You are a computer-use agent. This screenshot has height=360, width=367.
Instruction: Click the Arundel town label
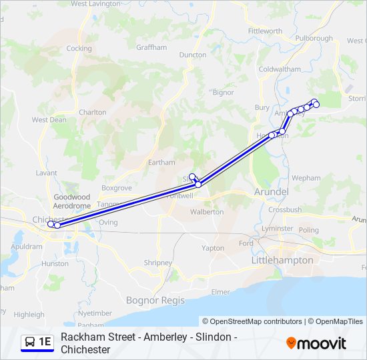click(x=271, y=192)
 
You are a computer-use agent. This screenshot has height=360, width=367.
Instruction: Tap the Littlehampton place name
click(x=282, y=260)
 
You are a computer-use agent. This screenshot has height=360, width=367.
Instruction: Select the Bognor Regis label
click(x=155, y=301)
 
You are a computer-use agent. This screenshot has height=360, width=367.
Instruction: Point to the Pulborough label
click(x=314, y=38)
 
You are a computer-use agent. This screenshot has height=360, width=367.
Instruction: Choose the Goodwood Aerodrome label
click(x=72, y=202)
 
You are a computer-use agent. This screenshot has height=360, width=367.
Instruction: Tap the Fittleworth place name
click(x=265, y=31)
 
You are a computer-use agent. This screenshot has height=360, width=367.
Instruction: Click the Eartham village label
click(x=161, y=162)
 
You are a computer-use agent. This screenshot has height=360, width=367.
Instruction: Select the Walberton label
click(x=207, y=212)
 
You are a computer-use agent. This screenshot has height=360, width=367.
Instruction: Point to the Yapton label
click(x=213, y=248)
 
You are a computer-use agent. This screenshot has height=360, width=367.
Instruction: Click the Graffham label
click(x=151, y=48)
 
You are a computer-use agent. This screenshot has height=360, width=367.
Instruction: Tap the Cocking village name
click(x=79, y=49)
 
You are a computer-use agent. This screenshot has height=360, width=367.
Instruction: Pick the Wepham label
click(x=306, y=179)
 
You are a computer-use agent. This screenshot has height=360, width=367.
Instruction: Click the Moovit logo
click(x=316, y=343)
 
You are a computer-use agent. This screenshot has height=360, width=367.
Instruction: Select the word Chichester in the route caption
click(x=85, y=349)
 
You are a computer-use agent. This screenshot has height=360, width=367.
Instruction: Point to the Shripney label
click(x=157, y=263)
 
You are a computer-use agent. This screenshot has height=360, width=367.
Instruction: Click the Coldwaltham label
click(x=280, y=69)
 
